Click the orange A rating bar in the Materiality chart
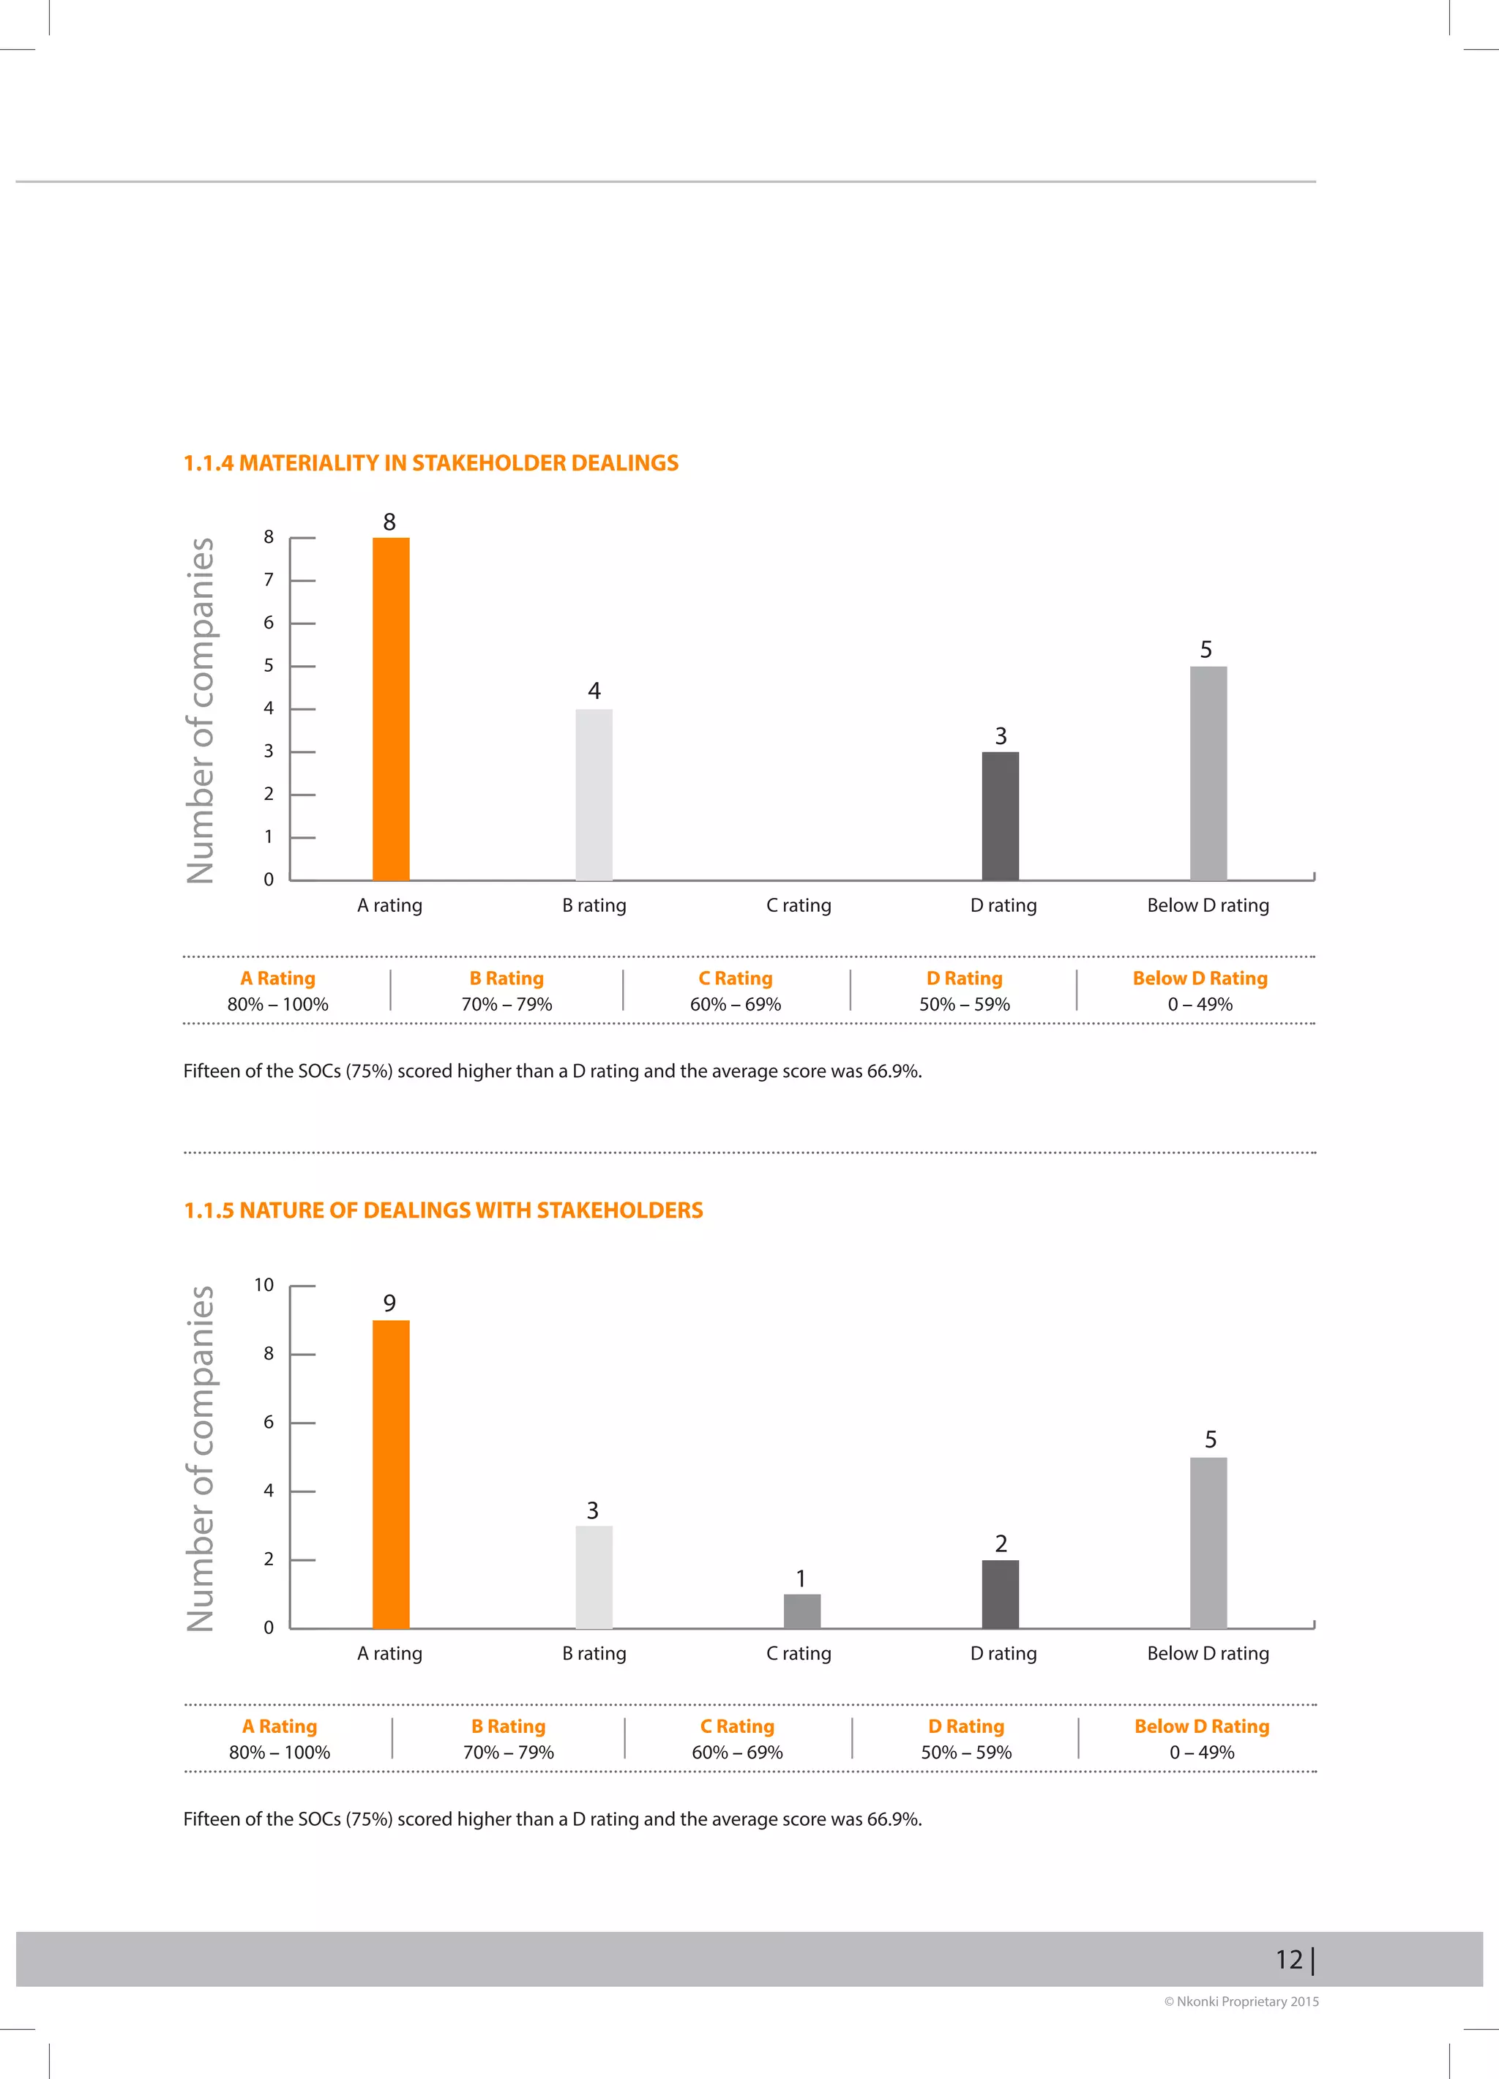(391, 708)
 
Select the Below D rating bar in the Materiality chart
(1208, 773)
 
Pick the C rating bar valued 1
(801, 1611)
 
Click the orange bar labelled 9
(391, 1474)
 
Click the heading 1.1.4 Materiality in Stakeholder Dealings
(431, 463)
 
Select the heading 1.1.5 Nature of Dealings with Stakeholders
(443, 1210)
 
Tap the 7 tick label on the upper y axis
(269, 580)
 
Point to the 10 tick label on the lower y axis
(264, 1285)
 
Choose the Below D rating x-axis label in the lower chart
(1208, 1653)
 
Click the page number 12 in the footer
(1288, 1959)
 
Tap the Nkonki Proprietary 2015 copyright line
(1241, 2001)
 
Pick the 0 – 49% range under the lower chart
(1201, 1752)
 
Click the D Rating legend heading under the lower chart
(965, 1726)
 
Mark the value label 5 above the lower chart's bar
(1210, 1439)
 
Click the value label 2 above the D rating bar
(1001, 1543)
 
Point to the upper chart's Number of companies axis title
(201, 711)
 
